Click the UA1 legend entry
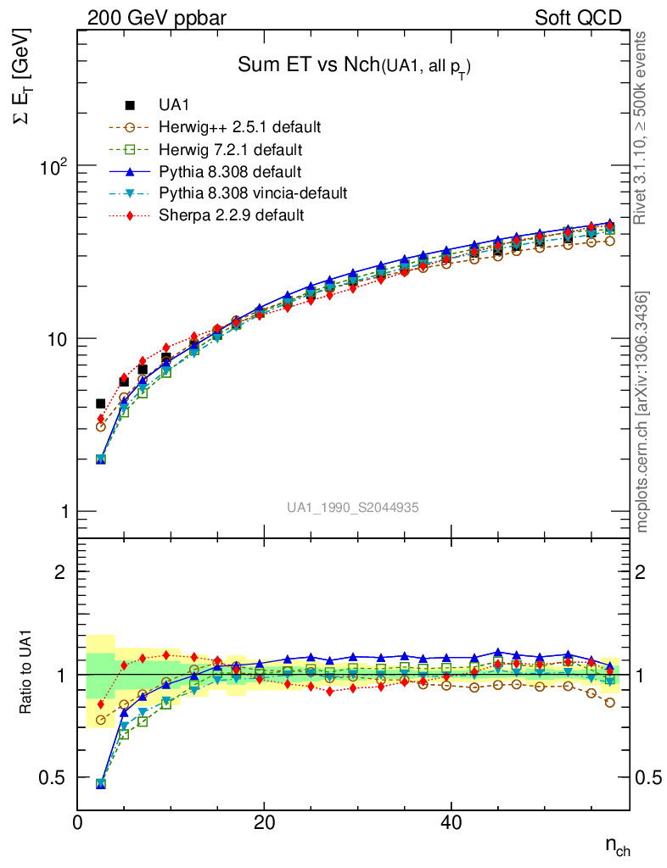(174, 105)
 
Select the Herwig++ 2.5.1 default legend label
(239, 127)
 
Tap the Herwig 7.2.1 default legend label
(231, 149)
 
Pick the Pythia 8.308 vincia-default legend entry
(253, 193)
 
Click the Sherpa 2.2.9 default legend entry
(231, 215)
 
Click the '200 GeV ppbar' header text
(157, 17)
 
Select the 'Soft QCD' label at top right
(578, 17)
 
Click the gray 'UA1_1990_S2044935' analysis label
(352, 507)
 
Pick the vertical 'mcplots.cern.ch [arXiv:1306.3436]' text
(643, 412)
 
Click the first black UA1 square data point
(101, 403)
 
